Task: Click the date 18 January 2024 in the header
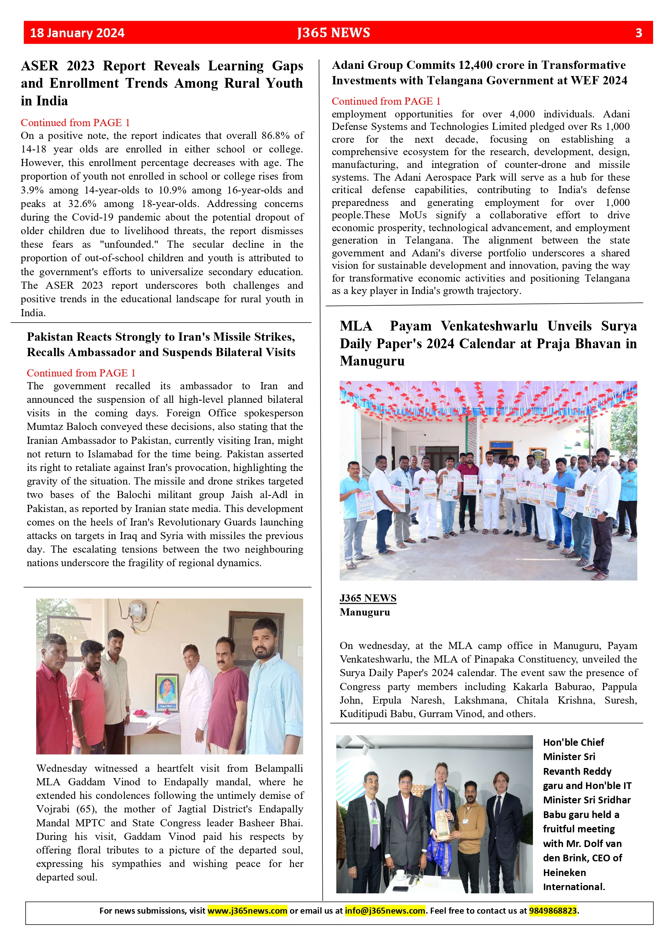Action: pos(77,33)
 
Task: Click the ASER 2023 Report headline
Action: pos(162,83)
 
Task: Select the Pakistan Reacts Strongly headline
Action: pos(161,344)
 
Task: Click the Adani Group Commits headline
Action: pos(479,72)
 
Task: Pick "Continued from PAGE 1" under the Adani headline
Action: pos(386,101)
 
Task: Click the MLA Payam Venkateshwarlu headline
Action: pos(488,343)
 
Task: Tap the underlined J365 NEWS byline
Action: pos(368,598)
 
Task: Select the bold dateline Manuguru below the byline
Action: pos(365,612)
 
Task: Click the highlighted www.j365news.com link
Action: pos(247,911)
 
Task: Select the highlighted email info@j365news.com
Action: pos(385,911)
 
